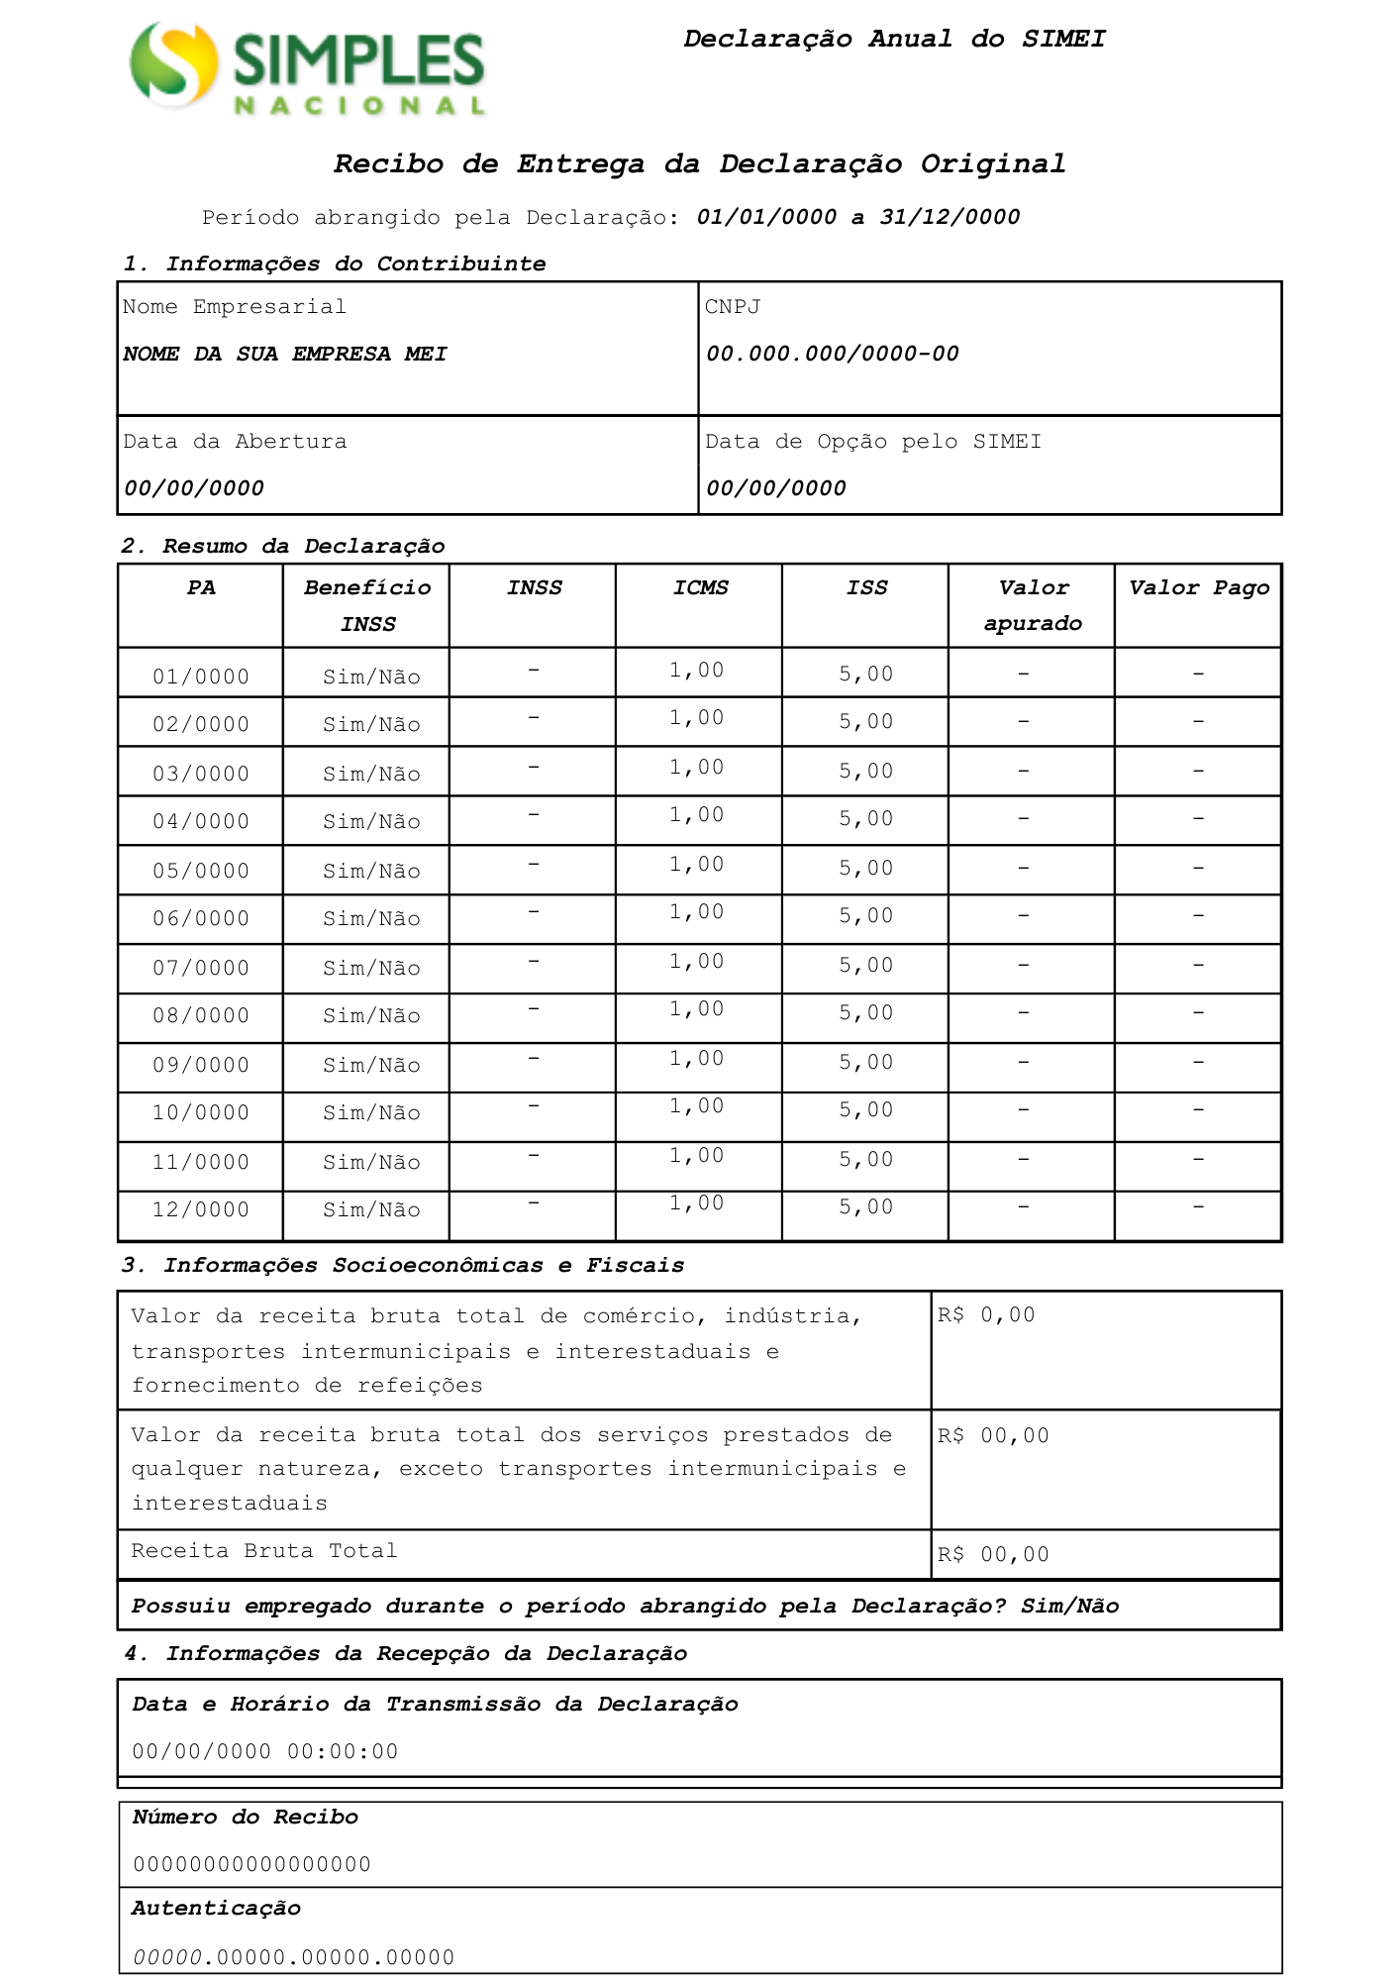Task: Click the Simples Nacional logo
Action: click(307, 69)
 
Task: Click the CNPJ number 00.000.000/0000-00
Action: click(832, 354)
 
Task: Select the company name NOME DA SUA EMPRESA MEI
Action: click(285, 354)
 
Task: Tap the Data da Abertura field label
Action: click(235, 442)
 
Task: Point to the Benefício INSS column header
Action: click(367, 605)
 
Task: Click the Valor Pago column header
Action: click(1198, 588)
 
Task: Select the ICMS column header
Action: click(700, 588)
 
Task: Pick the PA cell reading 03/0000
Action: click(201, 774)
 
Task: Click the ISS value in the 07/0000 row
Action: click(866, 966)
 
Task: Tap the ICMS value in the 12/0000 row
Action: click(697, 1203)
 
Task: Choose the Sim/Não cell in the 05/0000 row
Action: click(371, 871)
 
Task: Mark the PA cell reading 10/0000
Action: click(201, 1112)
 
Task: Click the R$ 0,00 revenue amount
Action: click(986, 1315)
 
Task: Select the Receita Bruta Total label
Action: click(264, 1551)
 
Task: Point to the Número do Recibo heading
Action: click(245, 1818)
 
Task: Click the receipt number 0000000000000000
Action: click(251, 1865)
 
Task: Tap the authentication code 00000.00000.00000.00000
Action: click(293, 1957)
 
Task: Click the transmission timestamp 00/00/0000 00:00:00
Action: click(265, 1751)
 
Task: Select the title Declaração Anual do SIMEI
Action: click(894, 40)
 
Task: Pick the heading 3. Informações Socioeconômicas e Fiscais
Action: click(403, 1265)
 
